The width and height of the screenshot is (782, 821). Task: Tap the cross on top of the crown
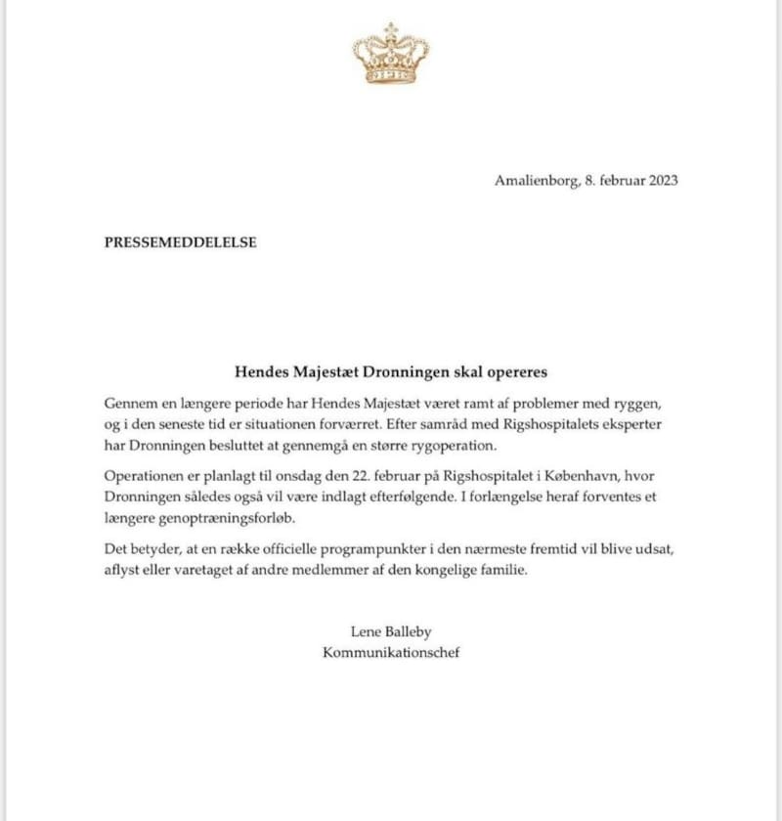(x=391, y=29)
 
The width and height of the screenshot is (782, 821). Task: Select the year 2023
(x=661, y=180)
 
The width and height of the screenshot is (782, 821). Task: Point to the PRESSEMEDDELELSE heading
(x=180, y=242)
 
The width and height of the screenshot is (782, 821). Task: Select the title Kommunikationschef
(x=391, y=652)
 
